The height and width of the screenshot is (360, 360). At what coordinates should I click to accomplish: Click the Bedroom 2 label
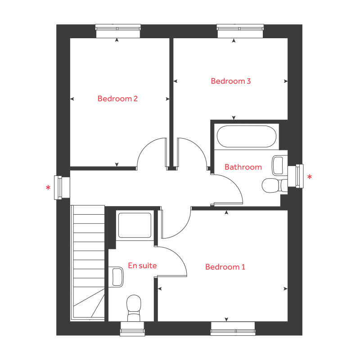pyautogui.click(x=117, y=99)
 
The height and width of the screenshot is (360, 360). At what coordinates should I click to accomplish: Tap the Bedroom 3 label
pyautogui.click(x=231, y=81)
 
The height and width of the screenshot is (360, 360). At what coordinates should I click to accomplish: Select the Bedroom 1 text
pyautogui.click(x=225, y=267)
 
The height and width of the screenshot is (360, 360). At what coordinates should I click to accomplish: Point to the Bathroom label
pyautogui.click(x=243, y=167)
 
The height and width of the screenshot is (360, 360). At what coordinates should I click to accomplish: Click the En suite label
pyautogui.click(x=142, y=265)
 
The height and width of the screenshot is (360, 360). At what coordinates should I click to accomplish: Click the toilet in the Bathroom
pyautogui.click(x=273, y=184)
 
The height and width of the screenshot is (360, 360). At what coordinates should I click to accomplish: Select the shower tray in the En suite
pyautogui.click(x=135, y=225)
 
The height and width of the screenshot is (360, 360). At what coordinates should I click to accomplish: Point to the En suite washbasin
pyautogui.click(x=117, y=276)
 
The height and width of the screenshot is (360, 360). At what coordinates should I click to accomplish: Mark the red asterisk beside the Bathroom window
pyautogui.click(x=310, y=178)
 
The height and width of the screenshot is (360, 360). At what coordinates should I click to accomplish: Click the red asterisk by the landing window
pyautogui.click(x=48, y=188)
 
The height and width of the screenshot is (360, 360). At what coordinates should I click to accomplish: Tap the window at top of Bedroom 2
pyautogui.click(x=118, y=31)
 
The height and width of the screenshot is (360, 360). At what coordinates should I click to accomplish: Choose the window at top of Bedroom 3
pyautogui.click(x=240, y=31)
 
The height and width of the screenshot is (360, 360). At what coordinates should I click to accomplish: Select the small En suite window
pyautogui.click(x=132, y=329)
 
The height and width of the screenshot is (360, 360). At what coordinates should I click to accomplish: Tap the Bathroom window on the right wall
pyautogui.click(x=295, y=176)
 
